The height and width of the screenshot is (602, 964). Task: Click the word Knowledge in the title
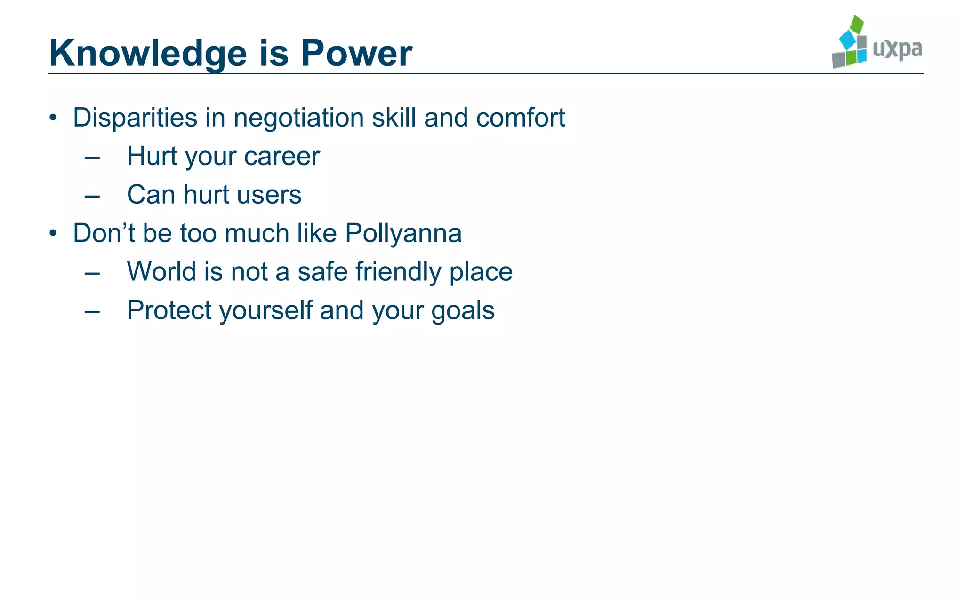coord(148,54)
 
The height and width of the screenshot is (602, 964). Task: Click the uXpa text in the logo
coord(897,49)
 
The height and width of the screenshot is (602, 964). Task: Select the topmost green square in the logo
coord(858,24)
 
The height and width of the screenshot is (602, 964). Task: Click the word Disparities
coord(135,118)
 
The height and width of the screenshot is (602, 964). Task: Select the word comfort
coord(520,118)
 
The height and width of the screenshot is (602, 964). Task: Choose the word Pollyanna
coord(403,233)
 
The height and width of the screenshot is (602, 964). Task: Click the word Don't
coord(104,233)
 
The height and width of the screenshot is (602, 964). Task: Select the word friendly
coord(398,272)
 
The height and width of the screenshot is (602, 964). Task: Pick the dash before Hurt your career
coord(92,158)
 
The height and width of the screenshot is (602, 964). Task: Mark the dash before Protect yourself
coord(92,312)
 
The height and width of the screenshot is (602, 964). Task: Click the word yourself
coord(266,310)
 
